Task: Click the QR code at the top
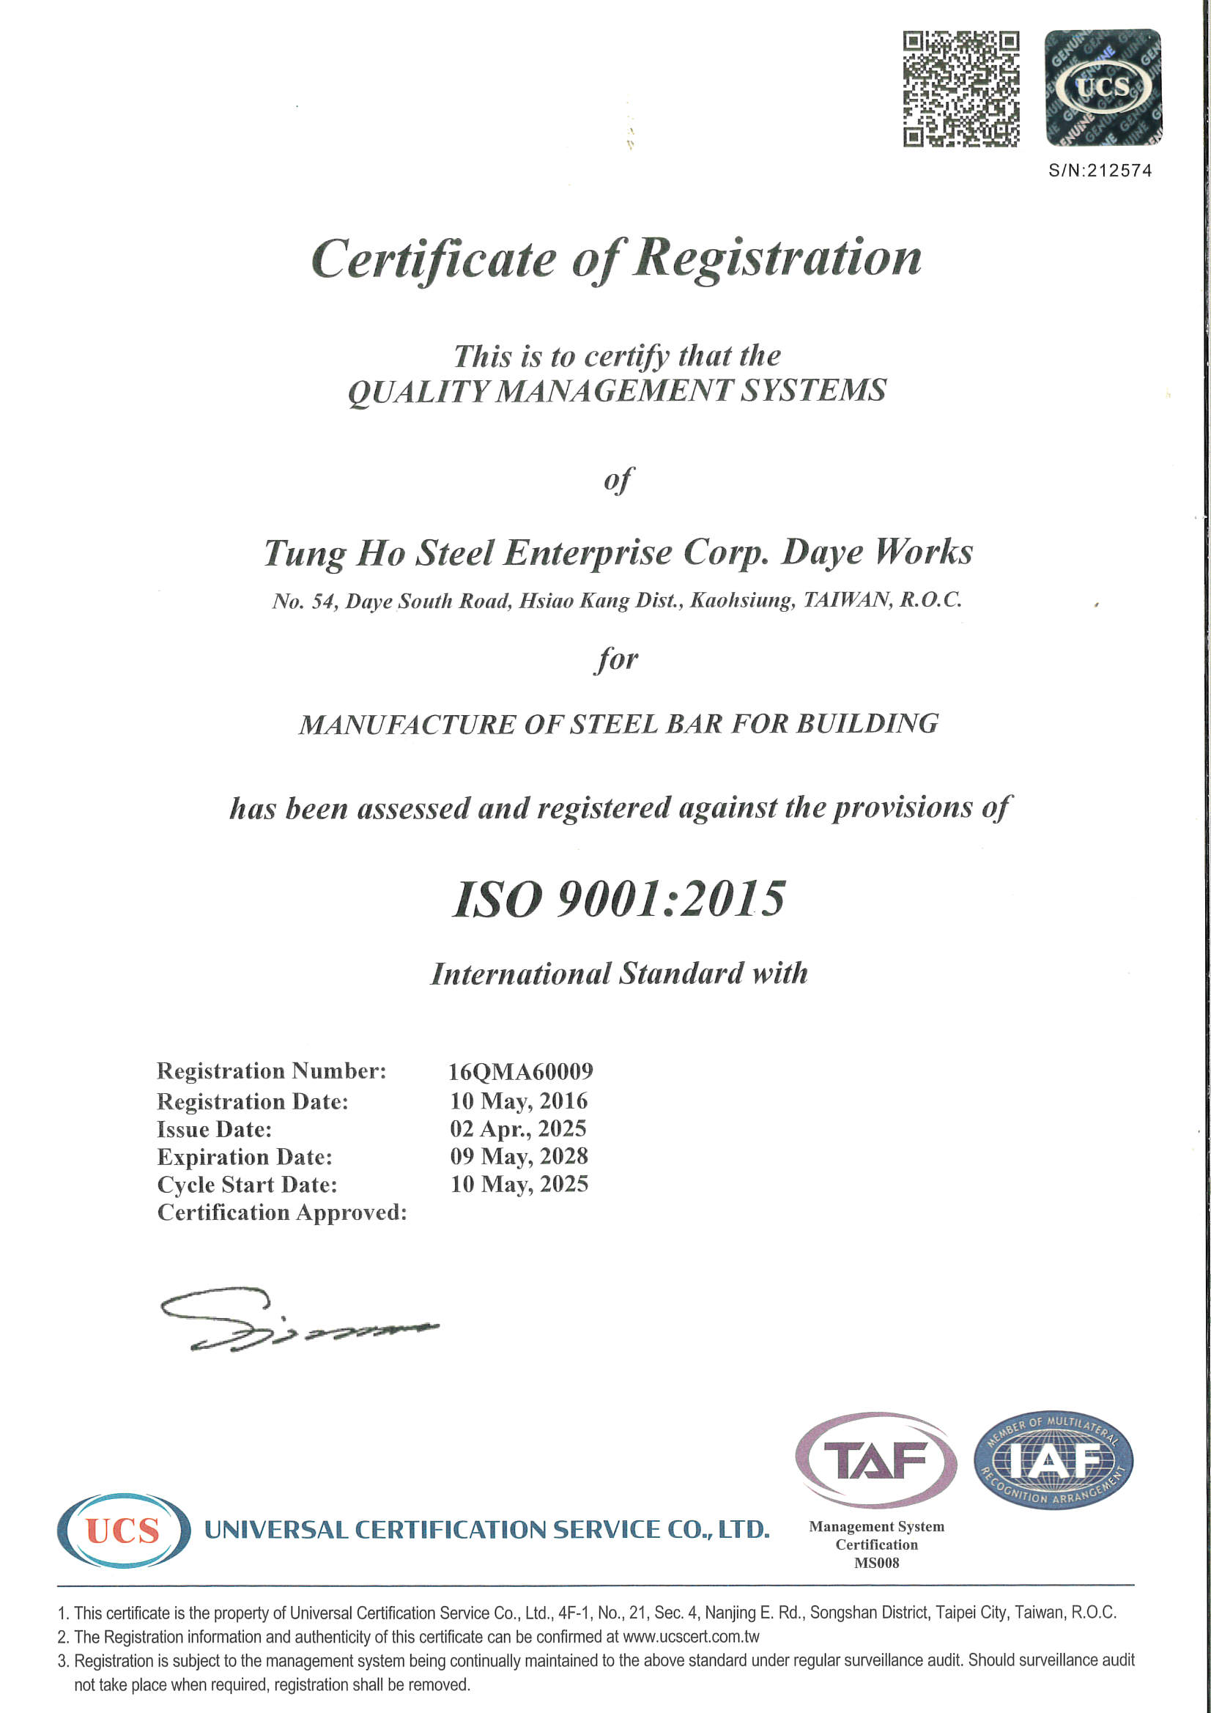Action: (x=961, y=89)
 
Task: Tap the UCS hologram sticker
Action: (x=1102, y=87)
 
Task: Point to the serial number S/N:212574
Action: (x=1100, y=171)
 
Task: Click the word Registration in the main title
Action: (x=777, y=258)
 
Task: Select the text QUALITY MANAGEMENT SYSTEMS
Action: (x=617, y=391)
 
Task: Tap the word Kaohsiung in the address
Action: (x=741, y=601)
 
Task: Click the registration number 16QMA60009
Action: (x=520, y=1072)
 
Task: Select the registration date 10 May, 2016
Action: (x=519, y=1101)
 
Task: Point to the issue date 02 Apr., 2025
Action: (x=518, y=1129)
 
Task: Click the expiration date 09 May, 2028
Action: (x=519, y=1156)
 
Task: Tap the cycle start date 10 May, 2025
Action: (x=519, y=1184)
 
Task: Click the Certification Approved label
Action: (x=282, y=1213)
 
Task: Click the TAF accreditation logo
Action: (x=876, y=1459)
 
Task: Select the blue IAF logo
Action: (x=1053, y=1459)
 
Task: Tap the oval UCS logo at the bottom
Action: (x=123, y=1531)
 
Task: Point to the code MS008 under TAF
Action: (x=876, y=1562)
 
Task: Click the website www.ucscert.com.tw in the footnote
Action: (x=691, y=1637)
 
